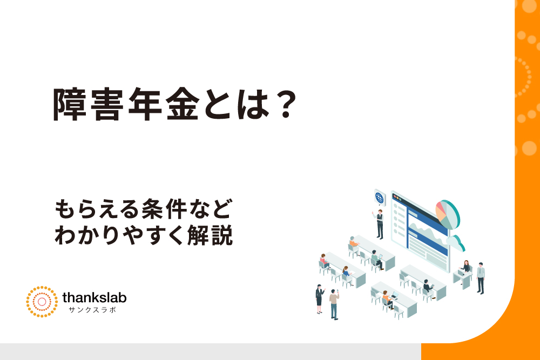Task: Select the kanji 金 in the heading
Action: pyautogui.click(x=183, y=104)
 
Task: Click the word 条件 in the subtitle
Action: pyautogui.click(x=164, y=209)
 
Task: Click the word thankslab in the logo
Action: pyautogui.click(x=94, y=297)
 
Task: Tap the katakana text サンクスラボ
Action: pyautogui.click(x=92, y=310)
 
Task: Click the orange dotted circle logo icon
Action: pyautogui.click(x=42, y=302)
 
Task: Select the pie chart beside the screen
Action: pyautogui.click(x=448, y=214)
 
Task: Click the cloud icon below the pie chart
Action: pyautogui.click(x=456, y=243)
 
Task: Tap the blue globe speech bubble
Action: pyautogui.click(x=380, y=198)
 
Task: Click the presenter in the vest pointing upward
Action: pyautogui.click(x=379, y=223)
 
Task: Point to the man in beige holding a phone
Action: pyautogui.click(x=334, y=304)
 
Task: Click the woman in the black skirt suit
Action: pyautogui.click(x=319, y=299)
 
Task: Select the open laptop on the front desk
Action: pyautogui.click(x=395, y=295)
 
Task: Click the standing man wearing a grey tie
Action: pyautogui.click(x=481, y=278)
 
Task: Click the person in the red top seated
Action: pyautogui.click(x=324, y=261)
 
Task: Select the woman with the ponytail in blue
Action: pyautogui.click(x=347, y=274)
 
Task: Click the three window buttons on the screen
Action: pyautogui.click(x=398, y=198)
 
